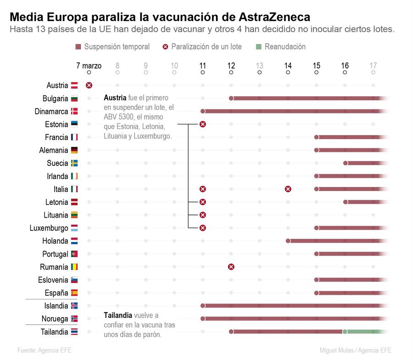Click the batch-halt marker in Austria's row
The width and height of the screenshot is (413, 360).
tap(89, 85)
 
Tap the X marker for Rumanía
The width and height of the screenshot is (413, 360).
tap(231, 267)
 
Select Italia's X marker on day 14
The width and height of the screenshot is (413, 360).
tap(288, 189)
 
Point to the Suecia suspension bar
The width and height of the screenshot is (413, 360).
tap(367, 163)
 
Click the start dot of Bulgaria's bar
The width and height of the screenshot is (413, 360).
tap(231, 98)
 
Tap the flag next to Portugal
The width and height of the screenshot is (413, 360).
tap(74, 254)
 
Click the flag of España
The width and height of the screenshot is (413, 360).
tap(74, 293)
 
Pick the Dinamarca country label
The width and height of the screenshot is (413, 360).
tap(51, 111)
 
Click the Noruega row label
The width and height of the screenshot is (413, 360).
tap(55, 319)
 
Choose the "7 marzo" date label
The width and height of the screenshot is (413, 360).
tap(89, 66)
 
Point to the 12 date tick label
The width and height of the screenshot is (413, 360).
tap(231, 66)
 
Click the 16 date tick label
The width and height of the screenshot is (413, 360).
tap(345, 66)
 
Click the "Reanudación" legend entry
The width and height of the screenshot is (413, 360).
tap(285, 47)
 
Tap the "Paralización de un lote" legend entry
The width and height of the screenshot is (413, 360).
tap(206, 47)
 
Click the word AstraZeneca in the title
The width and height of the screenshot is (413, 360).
tap(274, 17)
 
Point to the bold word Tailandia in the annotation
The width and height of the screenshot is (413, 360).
tap(118, 315)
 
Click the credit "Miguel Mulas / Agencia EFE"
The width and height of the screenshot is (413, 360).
tap(356, 350)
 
